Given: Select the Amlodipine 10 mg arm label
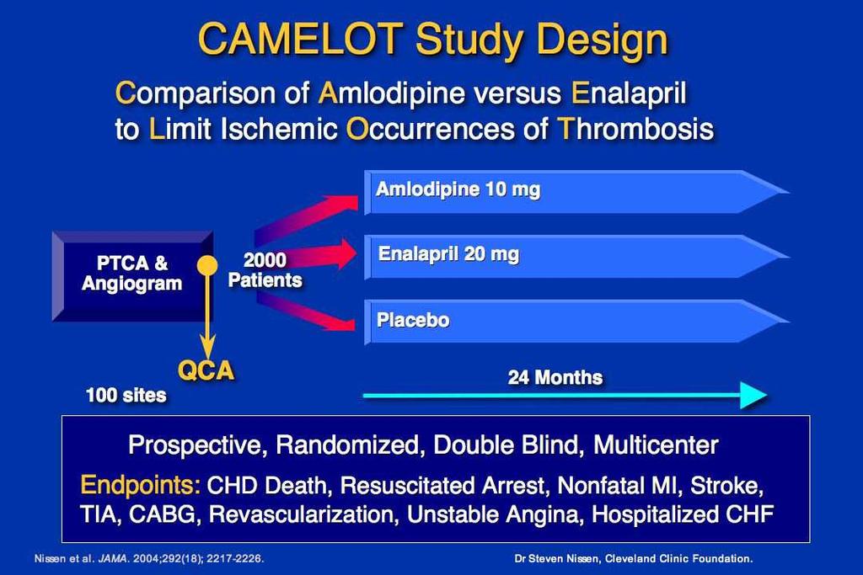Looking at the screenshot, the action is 458,189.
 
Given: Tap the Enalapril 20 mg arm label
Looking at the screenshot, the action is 448,254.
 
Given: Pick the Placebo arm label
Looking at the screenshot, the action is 413,320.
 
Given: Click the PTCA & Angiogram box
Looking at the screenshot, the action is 132,276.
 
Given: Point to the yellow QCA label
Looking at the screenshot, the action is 206,371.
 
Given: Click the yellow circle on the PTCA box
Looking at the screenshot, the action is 207,266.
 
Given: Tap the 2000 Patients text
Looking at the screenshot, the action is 265,270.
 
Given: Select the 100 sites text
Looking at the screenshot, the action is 126,395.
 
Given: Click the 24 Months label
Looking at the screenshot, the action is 555,377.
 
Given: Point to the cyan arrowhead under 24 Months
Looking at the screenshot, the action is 753,395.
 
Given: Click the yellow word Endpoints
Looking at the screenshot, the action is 141,485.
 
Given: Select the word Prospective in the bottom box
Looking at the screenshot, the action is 197,445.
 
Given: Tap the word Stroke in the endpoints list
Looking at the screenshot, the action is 726,486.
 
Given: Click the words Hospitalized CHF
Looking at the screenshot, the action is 683,514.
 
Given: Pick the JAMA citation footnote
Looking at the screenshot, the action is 149,558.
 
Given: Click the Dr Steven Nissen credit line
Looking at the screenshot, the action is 634,558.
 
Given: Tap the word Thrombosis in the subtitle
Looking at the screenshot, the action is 635,129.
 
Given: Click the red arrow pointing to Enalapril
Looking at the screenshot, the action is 305,254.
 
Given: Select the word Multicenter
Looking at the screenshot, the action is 656,445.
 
